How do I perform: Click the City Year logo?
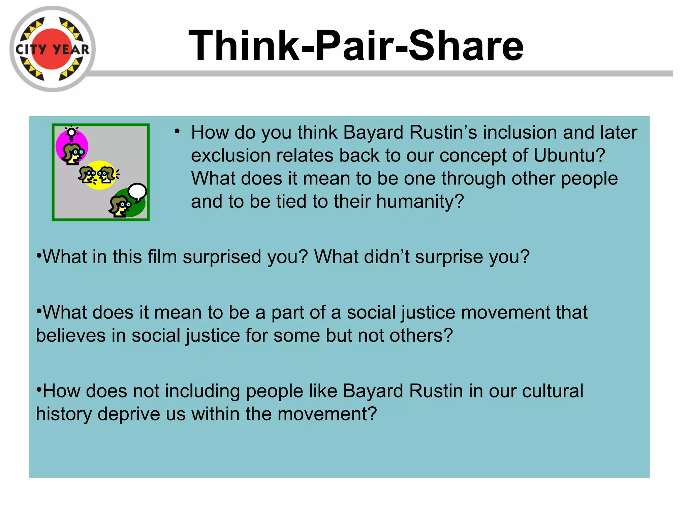tap(52, 49)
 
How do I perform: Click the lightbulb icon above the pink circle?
tap(71, 133)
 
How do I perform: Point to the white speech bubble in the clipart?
tap(137, 192)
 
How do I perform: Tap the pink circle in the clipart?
tap(72, 147)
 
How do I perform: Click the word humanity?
tap(420, 202)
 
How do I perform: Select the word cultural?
tap(553, 391)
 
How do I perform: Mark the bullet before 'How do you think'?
tap(177, 131)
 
